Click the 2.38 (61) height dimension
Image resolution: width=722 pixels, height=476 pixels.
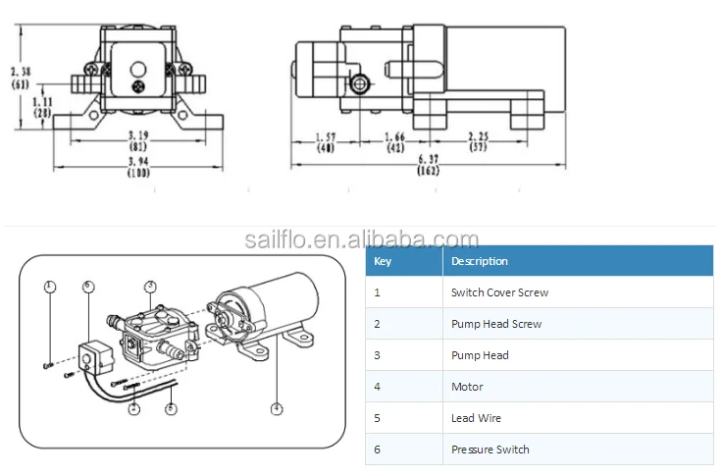click(x=19, y=77)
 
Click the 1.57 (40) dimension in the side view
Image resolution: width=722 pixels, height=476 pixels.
click(x=326, y=141)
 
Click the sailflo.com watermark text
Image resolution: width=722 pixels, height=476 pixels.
click(x=361, y=238)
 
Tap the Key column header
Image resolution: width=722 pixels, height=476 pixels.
click(x=383, y=261)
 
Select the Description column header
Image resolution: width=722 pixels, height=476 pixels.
click(x=480, y=261)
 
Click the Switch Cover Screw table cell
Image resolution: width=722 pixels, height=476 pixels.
click(x=499, y=292)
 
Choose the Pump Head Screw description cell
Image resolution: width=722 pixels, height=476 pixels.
click(x=496, y=324)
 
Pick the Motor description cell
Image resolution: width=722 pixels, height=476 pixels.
click(x=467, y=387)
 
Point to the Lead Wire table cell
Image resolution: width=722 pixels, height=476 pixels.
click(x=476, y=418)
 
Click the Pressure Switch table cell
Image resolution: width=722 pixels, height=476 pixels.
click(x=490, y=450)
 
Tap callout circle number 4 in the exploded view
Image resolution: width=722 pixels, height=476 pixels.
click(x=277, y=408)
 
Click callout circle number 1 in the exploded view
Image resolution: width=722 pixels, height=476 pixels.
click(x=50, y=287)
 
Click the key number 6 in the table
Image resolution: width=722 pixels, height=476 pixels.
click(x=378, y=450)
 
